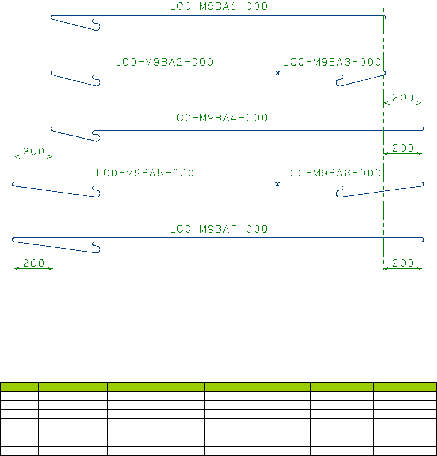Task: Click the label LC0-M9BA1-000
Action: point(218,7)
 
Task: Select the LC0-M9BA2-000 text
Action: point(164,62)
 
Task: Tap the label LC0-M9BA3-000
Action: point(332,62)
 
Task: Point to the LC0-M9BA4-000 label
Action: point(218,118)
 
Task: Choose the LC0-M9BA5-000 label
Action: point(145,173)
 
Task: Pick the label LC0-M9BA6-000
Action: point(332,173)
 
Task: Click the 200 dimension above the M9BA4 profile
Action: point(403,98)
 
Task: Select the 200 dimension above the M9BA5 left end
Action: point(34,151)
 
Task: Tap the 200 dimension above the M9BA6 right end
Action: point(403,148)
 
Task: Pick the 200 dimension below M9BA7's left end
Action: point(34,263)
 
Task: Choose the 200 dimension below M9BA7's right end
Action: point(403,263)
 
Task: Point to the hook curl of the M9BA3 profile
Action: point(340,81)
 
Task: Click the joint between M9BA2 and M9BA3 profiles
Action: point(277,73)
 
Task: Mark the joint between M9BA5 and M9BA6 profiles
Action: point(277,184)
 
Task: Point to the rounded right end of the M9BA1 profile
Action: point(384,17)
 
